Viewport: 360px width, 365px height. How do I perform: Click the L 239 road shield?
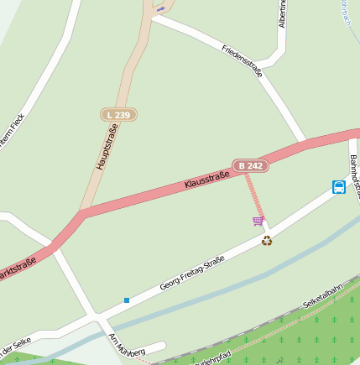coord(118,113)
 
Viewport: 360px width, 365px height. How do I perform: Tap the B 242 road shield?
coord(251,166)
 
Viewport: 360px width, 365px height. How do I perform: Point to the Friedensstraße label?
coord(243,60)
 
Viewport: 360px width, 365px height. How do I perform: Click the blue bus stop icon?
coord(338,186)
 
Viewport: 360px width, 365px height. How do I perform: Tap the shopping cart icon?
coord(258,221)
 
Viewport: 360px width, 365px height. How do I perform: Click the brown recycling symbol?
coord(267,241)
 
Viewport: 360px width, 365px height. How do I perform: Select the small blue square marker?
coord(127,300)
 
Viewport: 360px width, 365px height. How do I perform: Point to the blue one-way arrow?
coord(160,8)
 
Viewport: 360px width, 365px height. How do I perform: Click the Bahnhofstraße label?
coord(355,176)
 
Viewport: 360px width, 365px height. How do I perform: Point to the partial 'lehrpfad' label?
coord(213,358)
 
